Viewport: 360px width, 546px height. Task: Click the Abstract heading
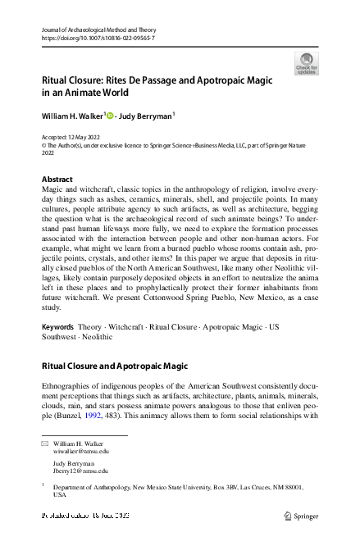tap(57, 180)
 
